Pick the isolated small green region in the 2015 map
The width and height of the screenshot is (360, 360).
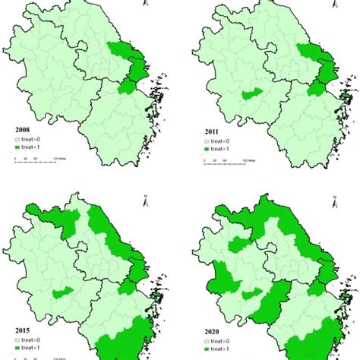(64, 292)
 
